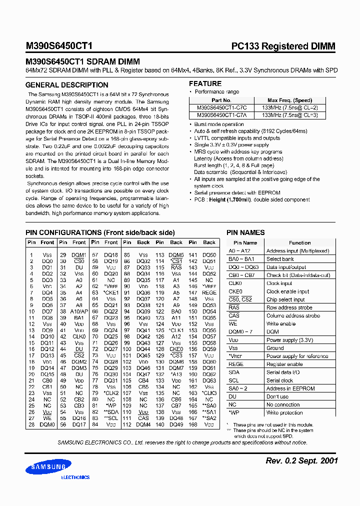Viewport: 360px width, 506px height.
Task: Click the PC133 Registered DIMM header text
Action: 283,46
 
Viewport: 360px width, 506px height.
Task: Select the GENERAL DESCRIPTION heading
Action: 60,85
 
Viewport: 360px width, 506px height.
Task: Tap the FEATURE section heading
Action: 205,83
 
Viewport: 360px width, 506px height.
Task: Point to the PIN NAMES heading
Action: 245,232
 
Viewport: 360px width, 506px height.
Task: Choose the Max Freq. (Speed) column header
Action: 289,100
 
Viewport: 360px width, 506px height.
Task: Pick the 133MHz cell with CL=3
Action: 289,114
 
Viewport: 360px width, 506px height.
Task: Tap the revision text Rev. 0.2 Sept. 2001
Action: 301,460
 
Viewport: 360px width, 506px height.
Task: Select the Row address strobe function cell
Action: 289,307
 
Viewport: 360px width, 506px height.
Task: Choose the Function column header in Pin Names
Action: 299,243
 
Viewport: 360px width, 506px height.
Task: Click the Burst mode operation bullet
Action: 219,124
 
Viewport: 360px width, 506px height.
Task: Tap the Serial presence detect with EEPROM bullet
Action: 237,192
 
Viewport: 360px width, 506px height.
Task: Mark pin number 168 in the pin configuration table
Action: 192,425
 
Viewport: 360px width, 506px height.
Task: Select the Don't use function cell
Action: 277,396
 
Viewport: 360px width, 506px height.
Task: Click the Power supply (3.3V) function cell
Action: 289,340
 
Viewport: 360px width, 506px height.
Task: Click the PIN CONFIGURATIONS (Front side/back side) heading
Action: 100,232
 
